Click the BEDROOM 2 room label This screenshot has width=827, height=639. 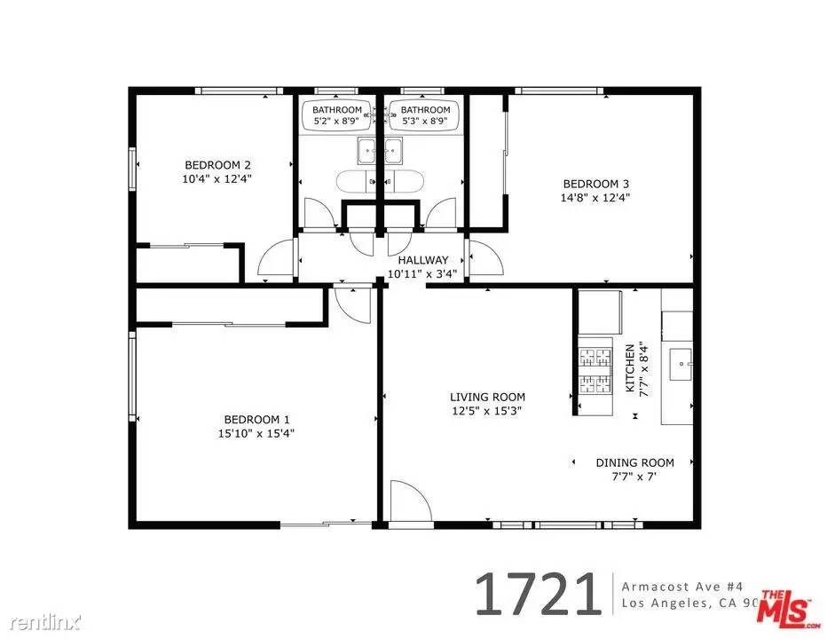[x=217, y=165]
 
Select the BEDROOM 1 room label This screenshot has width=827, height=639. [x=256, y=420]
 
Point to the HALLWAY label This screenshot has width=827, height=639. [x=423, y=260]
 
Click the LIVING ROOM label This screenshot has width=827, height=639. [x=487, y=397]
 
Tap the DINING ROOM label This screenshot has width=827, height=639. [x=634, y=462]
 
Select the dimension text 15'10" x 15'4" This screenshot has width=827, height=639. [x=256, y=434]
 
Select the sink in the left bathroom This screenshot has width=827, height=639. [x=367, y=152]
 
